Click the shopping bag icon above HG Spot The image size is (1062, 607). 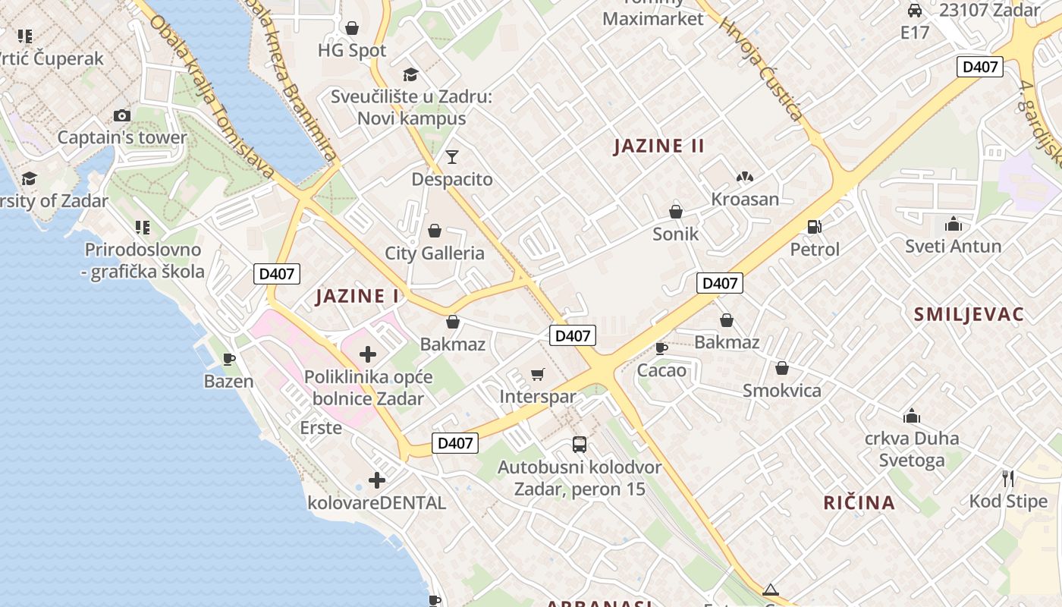point(352,28)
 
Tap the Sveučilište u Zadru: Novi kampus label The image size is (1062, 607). point(412,108)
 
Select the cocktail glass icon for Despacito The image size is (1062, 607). point(452,156)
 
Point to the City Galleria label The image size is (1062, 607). point(435,253)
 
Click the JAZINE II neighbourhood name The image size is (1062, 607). point(659,146)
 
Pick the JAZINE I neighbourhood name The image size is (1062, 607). point(357,296)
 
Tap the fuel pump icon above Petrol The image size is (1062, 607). point(815,226)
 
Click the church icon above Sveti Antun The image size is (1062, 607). point(954,224)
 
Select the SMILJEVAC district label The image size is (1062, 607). point(969,314)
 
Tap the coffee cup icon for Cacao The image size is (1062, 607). point(661,348)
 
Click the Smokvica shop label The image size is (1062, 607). point(781,391)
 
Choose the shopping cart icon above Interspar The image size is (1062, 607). point(538,374)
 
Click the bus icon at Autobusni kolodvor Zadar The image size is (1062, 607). point(580,444)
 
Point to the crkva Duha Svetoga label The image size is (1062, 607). point(912,449)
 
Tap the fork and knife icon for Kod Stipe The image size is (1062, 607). point(1008,478)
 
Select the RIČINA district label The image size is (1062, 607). point(859,502)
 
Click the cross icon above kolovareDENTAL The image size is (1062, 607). point(377,480)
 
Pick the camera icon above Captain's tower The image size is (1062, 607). point(121,116)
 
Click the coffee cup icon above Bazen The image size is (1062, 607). point(228,359)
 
